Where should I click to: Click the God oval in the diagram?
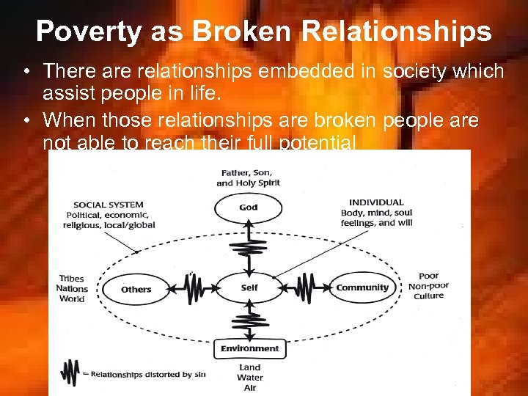click(x=249, y=208)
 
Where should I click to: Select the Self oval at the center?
click(x=249, y=288)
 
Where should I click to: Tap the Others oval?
click(x=136, y=289)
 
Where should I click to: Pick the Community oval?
click(x=362, y=288)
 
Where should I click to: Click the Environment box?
click(x=250, y=348)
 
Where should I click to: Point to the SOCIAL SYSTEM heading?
click(x=109, y=205)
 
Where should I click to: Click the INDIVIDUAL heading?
click(x=376, y=202)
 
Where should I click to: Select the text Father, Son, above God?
click(x=248, y=172)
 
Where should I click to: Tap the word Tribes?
click(x=72, y=279)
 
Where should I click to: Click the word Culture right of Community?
click(x=428, y=296)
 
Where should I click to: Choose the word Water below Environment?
click(x=249, y=378)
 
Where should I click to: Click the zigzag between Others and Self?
click(x=195, y=288)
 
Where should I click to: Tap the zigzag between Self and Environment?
click(x=249, y=320)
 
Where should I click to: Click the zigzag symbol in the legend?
click(x=70, y=373)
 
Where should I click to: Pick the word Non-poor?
click(x=429, y=286)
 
